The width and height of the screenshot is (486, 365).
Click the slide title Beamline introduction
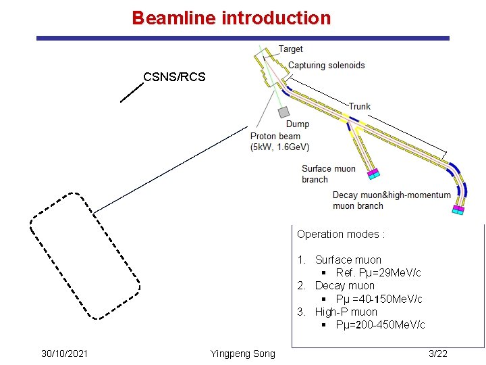point(232,18)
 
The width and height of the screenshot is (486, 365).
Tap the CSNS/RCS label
point(174,76)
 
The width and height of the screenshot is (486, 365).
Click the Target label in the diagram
point(291,49)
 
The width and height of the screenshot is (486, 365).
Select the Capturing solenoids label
point(326,66)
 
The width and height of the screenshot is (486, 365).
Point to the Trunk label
point(359,106)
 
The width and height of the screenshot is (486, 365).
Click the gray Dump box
point(284,112)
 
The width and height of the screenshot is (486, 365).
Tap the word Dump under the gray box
point(297,124)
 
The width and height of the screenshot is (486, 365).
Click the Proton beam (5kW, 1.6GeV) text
point(279,141)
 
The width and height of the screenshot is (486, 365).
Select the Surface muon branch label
point(328,174)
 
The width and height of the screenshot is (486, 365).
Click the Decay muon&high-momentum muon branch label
point(391,200)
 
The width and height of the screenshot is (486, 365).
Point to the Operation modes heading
point(341,235)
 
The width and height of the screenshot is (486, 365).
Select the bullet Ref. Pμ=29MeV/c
point(378,273)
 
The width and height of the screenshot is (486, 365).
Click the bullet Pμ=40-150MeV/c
point(379,299)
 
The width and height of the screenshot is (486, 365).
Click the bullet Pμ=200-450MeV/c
point(380,325)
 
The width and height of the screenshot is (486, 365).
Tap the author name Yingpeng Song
point(242,354)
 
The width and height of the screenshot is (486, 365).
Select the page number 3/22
point(437,354)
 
